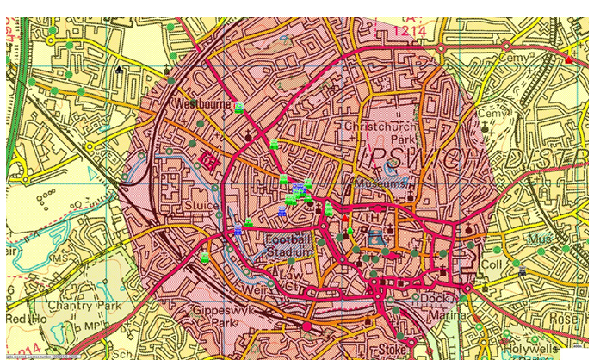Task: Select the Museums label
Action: click(380, 184)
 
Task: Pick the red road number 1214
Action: click(410, 31)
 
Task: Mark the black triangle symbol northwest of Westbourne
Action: click(119, 69)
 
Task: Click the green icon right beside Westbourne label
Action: click(239, 108)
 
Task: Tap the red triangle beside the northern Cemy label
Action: click(569, 59)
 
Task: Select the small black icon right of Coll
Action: click(522, 272)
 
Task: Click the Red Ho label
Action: click(22, 320)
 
